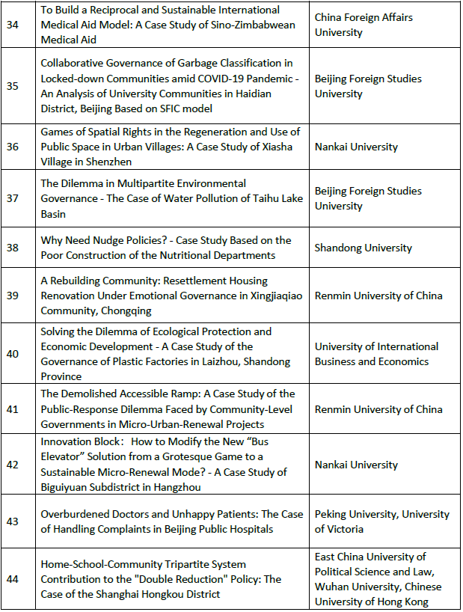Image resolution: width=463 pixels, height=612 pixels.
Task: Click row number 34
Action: [13, 25]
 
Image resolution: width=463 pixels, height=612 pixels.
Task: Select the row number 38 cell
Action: [13, 248]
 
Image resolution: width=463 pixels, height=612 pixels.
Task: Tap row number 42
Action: [13, 465]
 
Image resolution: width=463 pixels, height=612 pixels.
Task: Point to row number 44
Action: [13, 579]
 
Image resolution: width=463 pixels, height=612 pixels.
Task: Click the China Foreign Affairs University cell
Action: [364, 25]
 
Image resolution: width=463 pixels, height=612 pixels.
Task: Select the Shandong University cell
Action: [363, 248]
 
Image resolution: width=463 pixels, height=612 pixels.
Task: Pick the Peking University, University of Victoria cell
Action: [381, 521]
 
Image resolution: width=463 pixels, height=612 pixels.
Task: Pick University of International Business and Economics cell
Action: [376, 354]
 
